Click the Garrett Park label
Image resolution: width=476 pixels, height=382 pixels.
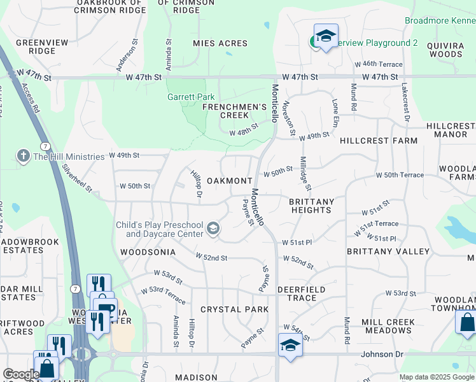pyautogui.click(x=190, y=97)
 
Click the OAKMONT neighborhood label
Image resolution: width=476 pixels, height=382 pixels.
pyautogui.click(x=230, y=181)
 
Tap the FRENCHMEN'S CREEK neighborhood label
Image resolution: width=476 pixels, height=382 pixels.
pyautogui.click(x=234, y=111)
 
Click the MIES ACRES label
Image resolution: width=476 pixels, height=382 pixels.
pyautogui.click(x=220, y=44)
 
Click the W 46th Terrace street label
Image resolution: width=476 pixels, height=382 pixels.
pyautogui.click(x=382, y=64)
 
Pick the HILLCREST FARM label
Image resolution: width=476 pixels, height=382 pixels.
pyautogui.click(x=379, y=141)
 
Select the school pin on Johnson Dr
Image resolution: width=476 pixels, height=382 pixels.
pyautogui.click(x=290, y=345)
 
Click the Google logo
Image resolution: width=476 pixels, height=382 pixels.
pyautogui.click(x=21, y=374)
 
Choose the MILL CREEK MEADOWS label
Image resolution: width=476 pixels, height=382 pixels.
pyautogui.click(x=388, y=327)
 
